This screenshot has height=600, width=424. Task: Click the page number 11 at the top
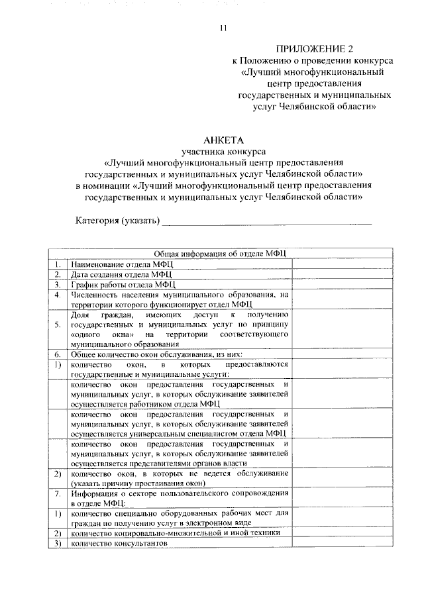click(223, 27)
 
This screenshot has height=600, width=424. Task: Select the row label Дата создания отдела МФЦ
click(121, 274)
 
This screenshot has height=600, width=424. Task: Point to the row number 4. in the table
click(58, 295)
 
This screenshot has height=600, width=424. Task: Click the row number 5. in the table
click(58, 325)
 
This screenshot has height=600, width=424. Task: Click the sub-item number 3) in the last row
click(58, 544)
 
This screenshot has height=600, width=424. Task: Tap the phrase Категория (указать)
click(117, 220)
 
